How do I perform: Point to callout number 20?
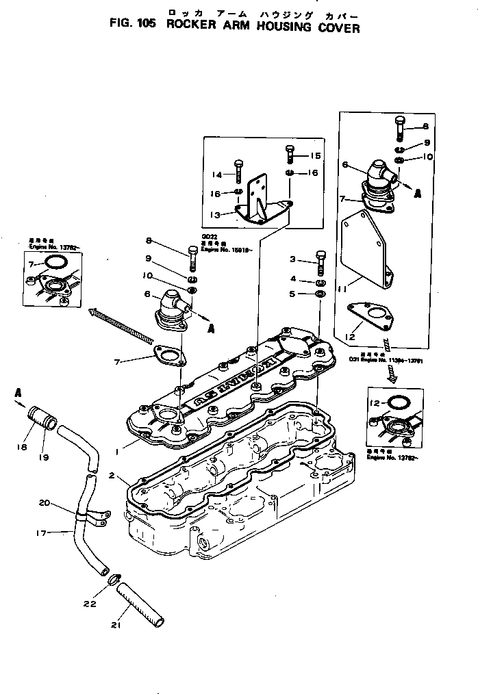45,503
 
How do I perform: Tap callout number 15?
315,156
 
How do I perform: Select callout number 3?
292,259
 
